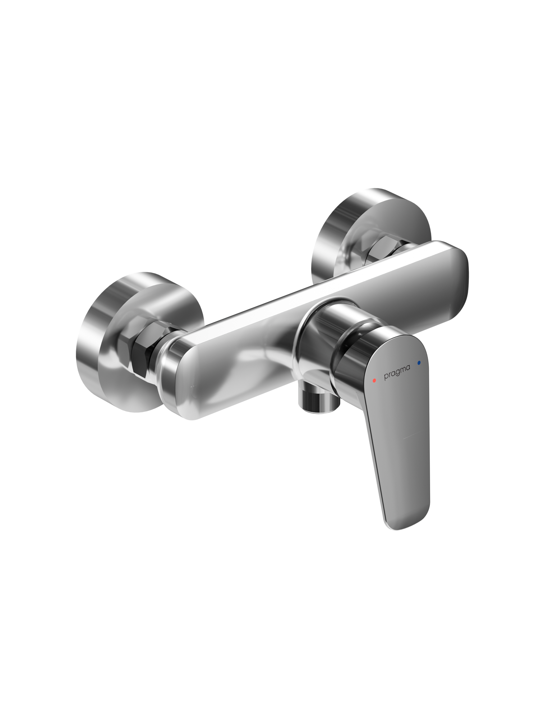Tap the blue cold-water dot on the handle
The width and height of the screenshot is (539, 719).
tap(419, 363)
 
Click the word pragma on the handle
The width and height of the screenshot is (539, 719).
tap(397, 372)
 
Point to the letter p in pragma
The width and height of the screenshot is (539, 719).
tap(386, 377)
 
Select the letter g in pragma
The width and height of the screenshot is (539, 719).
tap(397, 373)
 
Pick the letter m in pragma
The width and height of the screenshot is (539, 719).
tap(402, 369)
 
